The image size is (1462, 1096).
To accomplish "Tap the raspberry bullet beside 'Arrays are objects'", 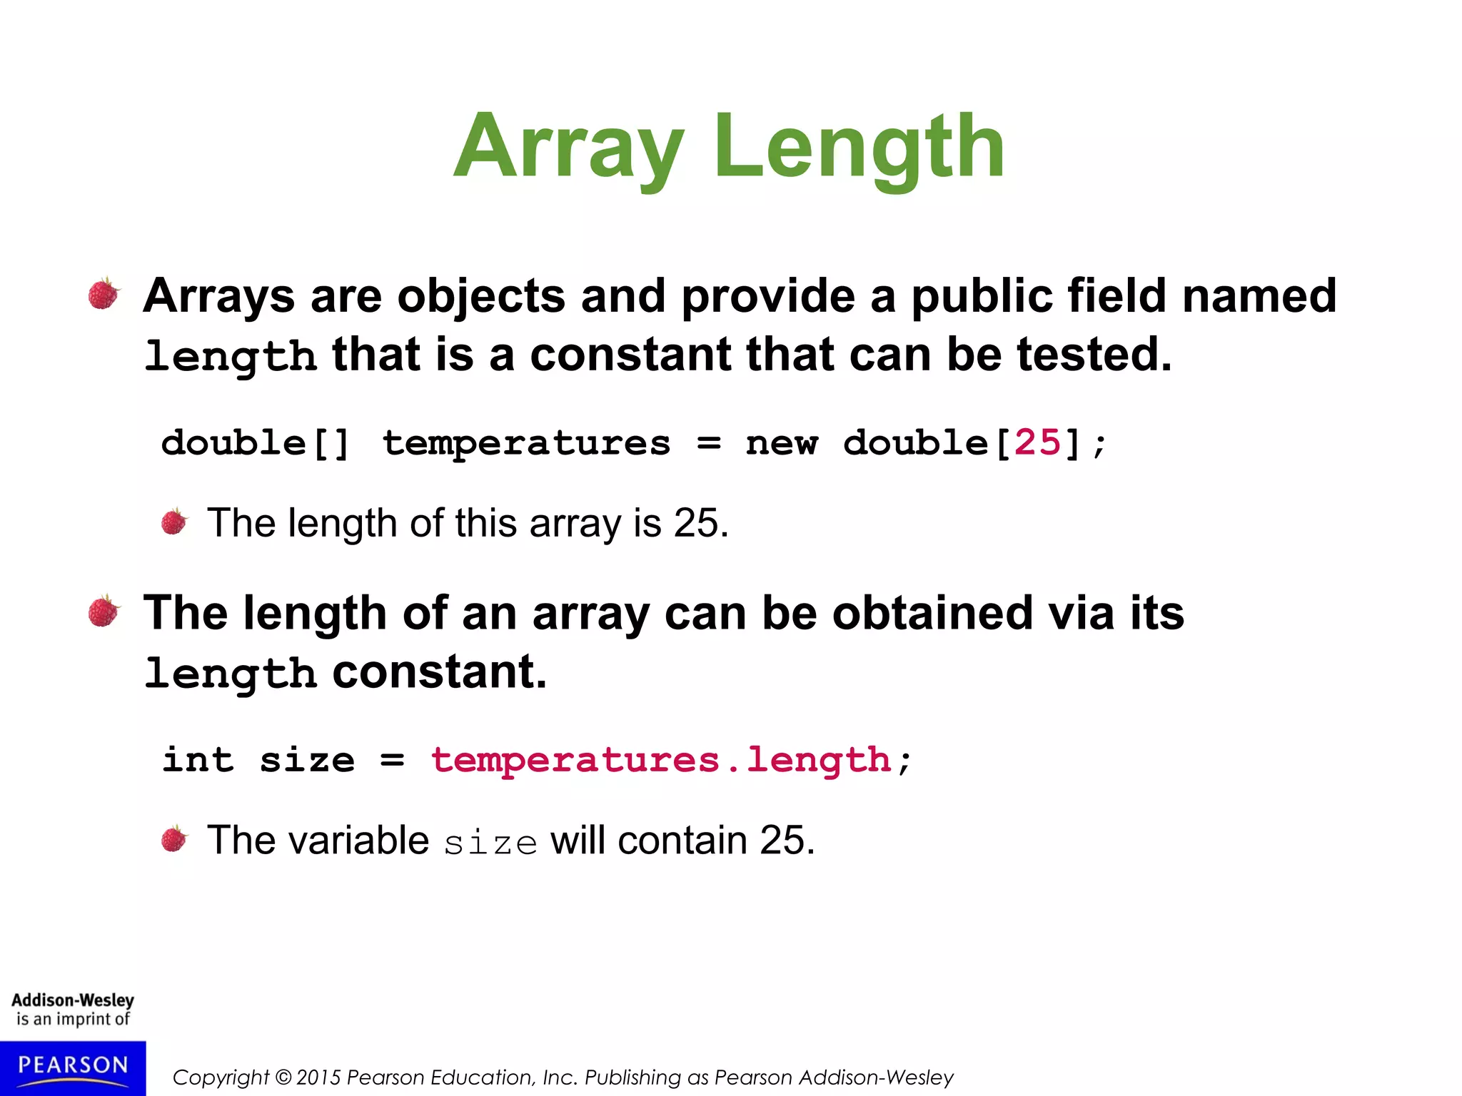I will [104, 294].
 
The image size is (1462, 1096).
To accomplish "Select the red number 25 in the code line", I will [1038, 442].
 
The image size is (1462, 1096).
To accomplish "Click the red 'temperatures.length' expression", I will [661, 760].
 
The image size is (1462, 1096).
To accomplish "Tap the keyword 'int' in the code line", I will [198, 760].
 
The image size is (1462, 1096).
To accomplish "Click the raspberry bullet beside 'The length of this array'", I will [173, 522].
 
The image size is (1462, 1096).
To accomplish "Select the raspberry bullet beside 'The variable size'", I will [173, 839].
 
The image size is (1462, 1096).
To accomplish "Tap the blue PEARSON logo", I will [73, 1067].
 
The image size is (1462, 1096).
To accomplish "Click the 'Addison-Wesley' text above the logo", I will [73, 1000].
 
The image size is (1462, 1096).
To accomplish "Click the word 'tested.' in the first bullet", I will [1094, 355].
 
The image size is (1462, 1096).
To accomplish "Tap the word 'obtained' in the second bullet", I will [932, 612].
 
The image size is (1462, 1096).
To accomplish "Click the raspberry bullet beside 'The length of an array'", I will [104, 612].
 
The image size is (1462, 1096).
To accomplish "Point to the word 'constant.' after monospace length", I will [440, 671].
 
